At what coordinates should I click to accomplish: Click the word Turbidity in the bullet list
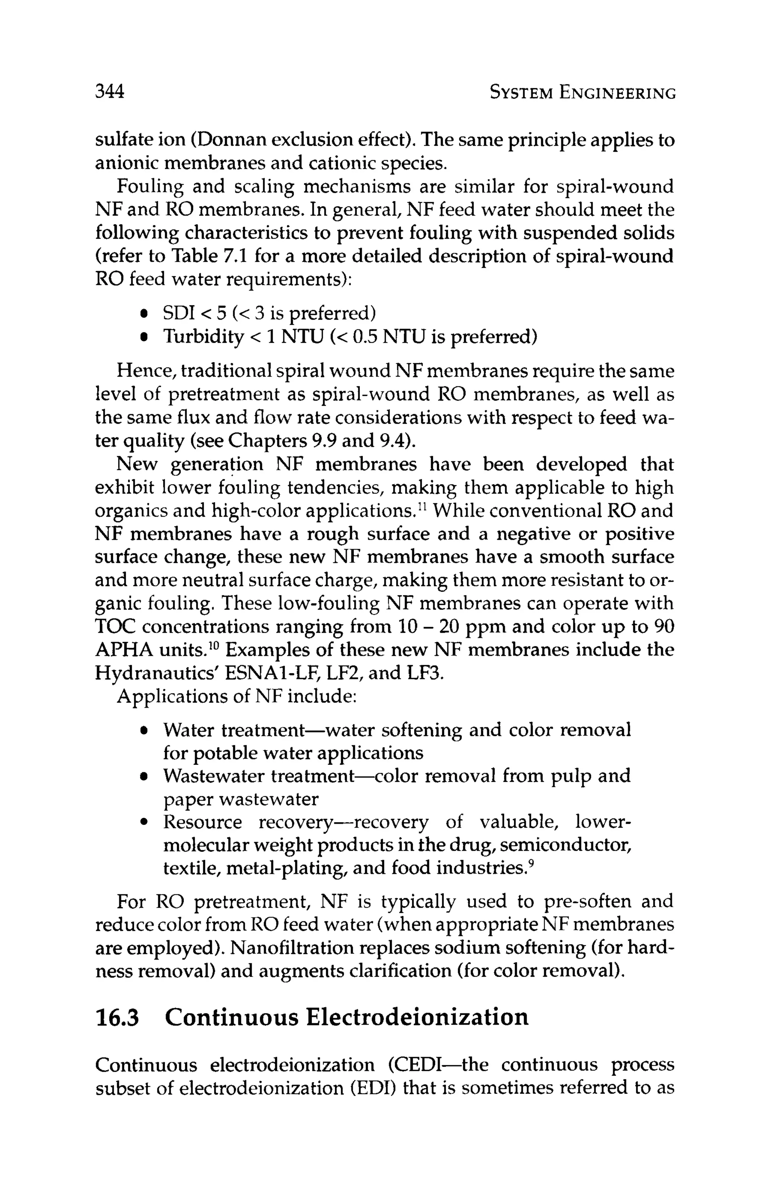(x=203, y=338)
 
